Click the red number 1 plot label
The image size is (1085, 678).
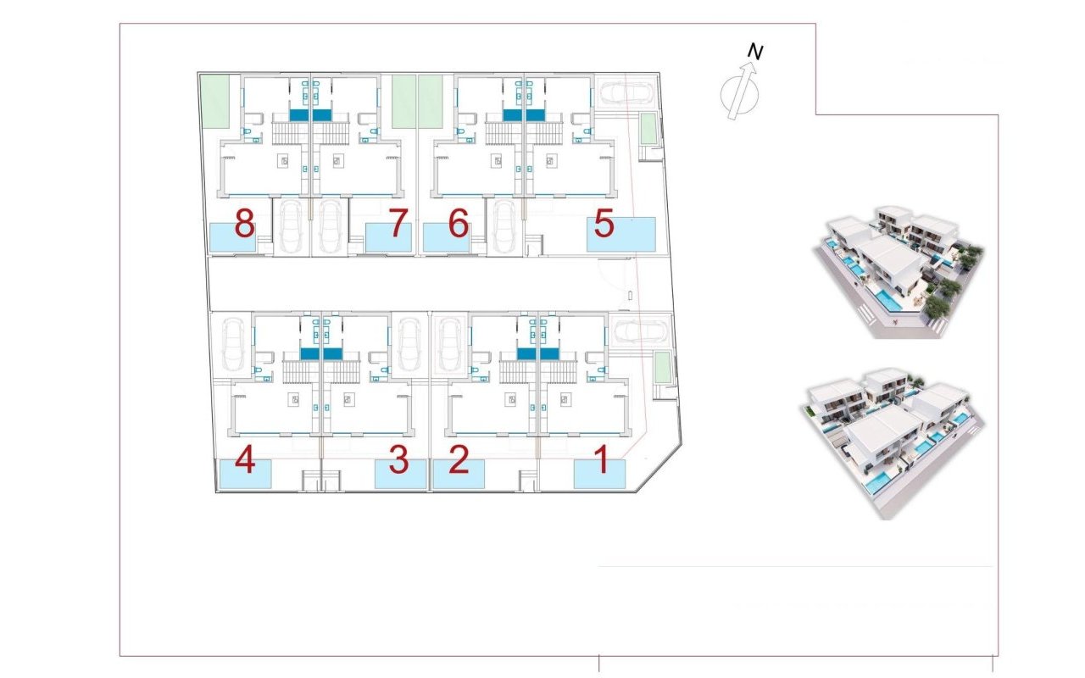point(602,463)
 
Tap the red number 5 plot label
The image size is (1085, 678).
point(604,225)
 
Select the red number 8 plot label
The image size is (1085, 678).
point(244,225)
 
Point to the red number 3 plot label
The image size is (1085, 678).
point(398,463)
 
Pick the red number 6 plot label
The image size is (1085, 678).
point(458,225)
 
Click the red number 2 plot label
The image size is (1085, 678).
point(459,463)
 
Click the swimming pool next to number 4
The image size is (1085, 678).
point(244,474)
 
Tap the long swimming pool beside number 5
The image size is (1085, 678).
point(621,234)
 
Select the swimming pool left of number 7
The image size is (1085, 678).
point(388,237)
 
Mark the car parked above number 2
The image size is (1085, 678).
point(449,345)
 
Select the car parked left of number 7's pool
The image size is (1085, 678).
point(331,226)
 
